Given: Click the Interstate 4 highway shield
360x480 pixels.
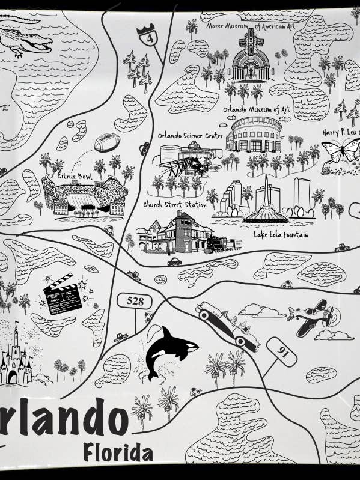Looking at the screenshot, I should pos(146,36).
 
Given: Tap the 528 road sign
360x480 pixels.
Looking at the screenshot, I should pos(135,300).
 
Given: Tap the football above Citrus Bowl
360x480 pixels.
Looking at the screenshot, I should pos(107,142).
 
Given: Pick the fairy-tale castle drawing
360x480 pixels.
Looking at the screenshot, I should pos(14,358).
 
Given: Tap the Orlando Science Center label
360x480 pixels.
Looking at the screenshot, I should pos(191,136).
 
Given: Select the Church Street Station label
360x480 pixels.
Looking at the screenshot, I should pos(174,205).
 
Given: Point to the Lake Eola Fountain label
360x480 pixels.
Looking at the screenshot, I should pos(281,235).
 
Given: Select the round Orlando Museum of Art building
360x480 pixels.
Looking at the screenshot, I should pos(254,135).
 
